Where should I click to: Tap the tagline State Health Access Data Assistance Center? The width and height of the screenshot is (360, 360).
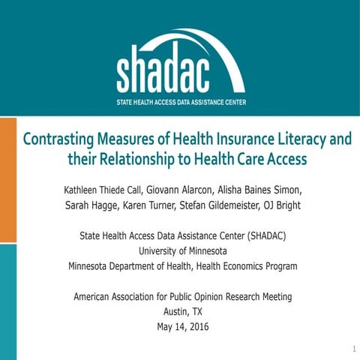point(181,102)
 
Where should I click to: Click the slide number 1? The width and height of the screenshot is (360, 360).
point(352,349)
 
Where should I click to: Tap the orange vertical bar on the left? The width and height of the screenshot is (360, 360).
point(7,180)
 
